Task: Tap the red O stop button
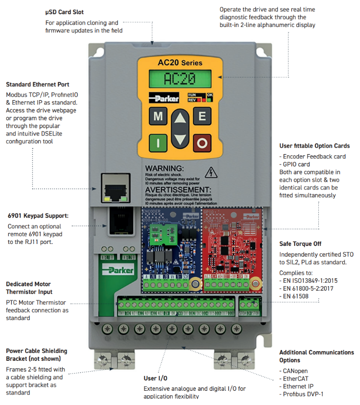coord(202,143)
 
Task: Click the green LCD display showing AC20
coord(180,79)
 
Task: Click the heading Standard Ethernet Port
coord(37,84)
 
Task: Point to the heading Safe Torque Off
coord(301,243)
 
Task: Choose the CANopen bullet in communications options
coord(296,371)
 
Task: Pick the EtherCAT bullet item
coord(297,378)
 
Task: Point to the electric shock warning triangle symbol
coord(211,172)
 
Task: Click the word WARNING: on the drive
coord(164,168)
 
